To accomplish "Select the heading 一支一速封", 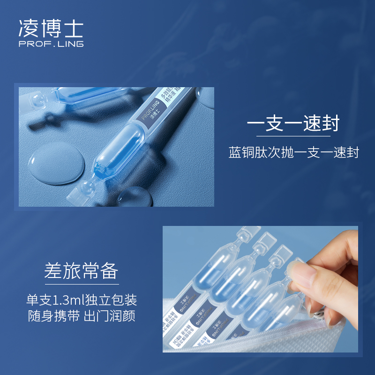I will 292,124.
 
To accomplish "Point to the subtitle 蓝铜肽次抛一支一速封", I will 293,153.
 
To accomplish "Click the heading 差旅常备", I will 81,271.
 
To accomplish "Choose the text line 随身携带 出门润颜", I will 81,316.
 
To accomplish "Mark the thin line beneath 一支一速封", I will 292,136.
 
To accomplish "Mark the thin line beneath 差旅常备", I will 81,284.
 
